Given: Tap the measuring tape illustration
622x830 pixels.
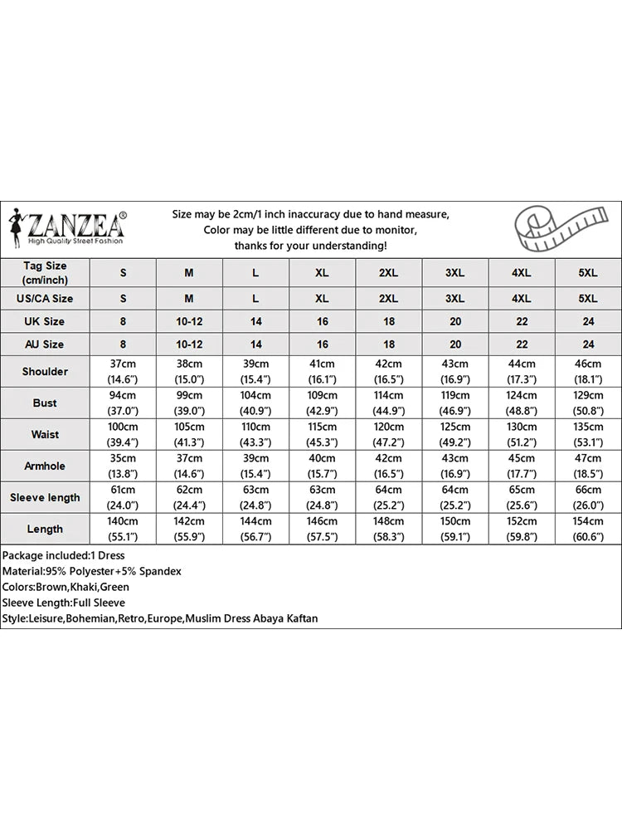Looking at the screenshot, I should click(x=556, y=228).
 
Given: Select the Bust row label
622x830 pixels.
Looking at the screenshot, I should click(x=45, y=403).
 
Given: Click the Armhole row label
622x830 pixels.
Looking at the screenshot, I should click(x=45, y=466).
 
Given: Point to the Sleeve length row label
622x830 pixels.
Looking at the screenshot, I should click(x=45, y=497).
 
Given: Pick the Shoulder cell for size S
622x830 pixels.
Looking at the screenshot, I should click(x=123, y=371).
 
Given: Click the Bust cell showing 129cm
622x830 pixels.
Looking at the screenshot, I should click(x=588, y=403).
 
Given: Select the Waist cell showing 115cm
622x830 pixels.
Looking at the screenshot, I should click(x=322, y=434).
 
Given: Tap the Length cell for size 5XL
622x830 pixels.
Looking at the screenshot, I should click(x=588, y=529).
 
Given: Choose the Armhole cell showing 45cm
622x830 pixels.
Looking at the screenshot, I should click(x=522, y=466).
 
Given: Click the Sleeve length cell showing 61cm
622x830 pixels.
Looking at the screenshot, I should click(x=123, y=497).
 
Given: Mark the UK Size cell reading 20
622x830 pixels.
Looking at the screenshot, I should click(x=455, y=321).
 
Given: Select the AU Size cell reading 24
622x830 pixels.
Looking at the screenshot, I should click(x=588, y=344).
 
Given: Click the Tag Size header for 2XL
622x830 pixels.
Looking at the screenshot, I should click(x=388, y=273).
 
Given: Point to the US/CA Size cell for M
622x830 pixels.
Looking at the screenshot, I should click(x=189, y=298).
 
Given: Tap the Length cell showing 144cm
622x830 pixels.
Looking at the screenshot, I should click(x=255, y=529).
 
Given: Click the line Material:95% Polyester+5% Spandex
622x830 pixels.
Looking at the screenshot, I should click(x=91, y=571).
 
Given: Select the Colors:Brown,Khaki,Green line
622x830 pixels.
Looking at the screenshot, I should click(x=66, y=587).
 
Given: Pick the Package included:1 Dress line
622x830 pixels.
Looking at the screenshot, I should click(x=63, y=555).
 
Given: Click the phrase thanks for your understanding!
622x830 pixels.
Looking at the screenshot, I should click(x=310, y=246).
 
